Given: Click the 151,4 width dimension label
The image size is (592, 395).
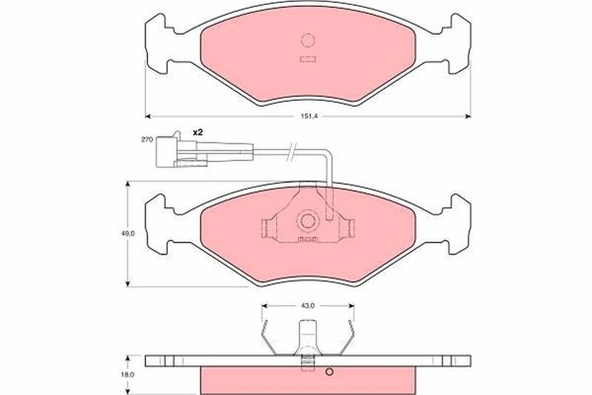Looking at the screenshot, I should [x=309, y=118].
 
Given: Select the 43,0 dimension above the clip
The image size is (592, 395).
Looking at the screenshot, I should [x=307, y=305].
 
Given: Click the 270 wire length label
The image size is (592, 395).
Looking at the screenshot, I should [x=147, y=141].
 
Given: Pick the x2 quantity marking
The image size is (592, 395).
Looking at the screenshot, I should [x=196, y=132].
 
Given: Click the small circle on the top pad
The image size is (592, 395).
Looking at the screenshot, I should [x=306, y=41].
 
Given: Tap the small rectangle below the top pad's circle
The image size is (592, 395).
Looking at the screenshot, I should [x=306, y=58].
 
